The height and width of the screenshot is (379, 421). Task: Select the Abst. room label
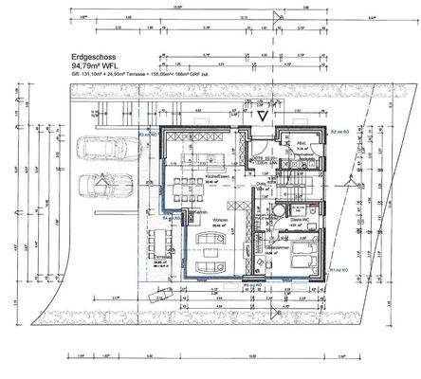coord(300,146)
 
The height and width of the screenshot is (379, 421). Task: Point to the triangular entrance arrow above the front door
coord(263,114)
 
